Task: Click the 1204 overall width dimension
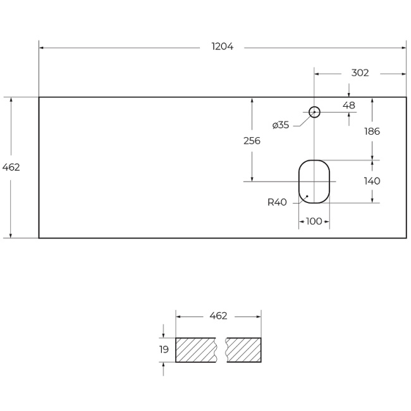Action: pyautogui.click(x=223, y=47)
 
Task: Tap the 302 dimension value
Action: pyautogui.click(x=360, y=73)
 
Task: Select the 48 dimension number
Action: pyautogui.click(x=349, y=106)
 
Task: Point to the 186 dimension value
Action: pyautogui.click(x=372, y=132)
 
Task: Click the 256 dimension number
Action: pyautogui.click(x=252, y=141)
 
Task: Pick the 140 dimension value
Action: pyautogui.click(x=372, y=181)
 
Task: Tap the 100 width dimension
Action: pyautogui.click(x=314, y=221)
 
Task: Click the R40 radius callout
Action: pyautogui.click(x=277, y=202)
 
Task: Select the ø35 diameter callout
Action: pyautogui.click(x=281, y=125)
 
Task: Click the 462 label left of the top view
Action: pyautogui.click(x=11, y=168)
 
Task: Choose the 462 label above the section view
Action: pyautogui.click(x=218, y=316)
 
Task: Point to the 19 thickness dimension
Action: pyautogui.click(x=164, y=350)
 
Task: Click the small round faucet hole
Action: pyautogui.click(x=314, y=113)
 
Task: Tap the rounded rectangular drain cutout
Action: pyautogui.click(x=314, y=181)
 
